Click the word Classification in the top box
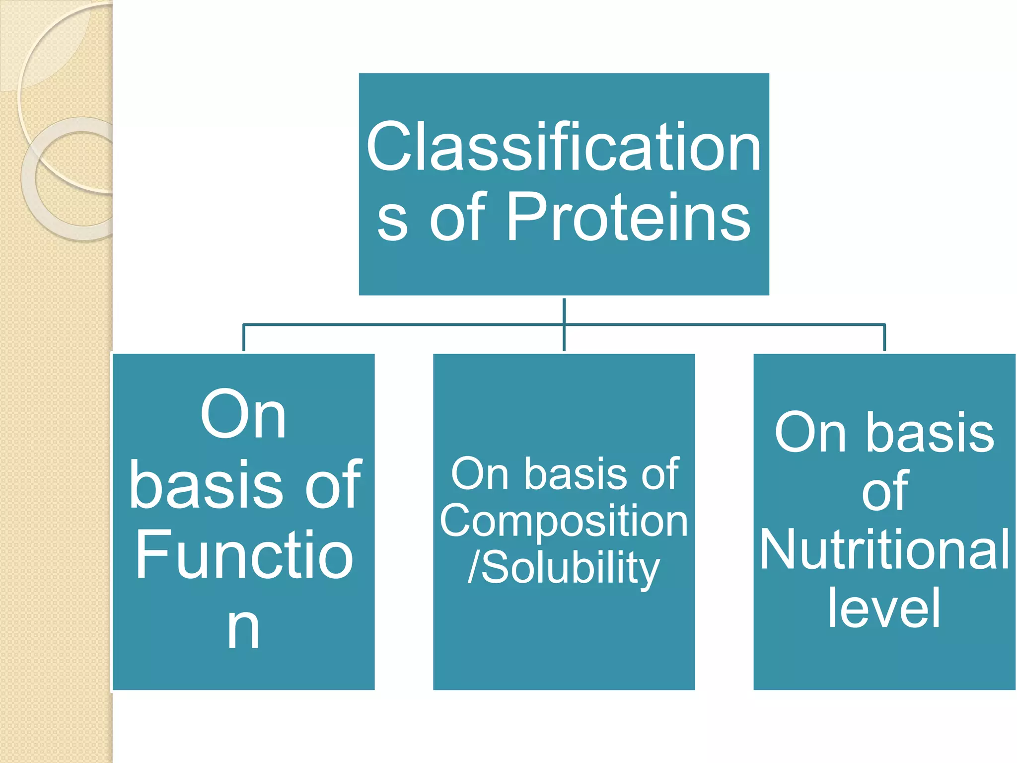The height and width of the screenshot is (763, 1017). pyautogui.click(x=564, y=148)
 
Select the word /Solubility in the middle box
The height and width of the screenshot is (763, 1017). pyautogui.click(x=564, y=568)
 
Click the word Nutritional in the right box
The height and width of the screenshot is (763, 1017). pyautogui.click(x=884, y=550)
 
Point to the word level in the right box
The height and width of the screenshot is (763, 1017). pyautogui.click(x=884, y=608)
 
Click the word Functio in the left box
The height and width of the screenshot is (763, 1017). pyautogui.click(x=244, y=555)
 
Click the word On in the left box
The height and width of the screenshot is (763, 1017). pyautogui.click(x=243, y=415)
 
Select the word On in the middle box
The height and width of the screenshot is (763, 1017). pyautogui.click(x=480, y=474)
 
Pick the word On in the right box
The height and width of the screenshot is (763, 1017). pyautogui.click(x=810, y=433)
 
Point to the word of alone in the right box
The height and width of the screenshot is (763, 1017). pyautogui.click(x=885, y=491)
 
